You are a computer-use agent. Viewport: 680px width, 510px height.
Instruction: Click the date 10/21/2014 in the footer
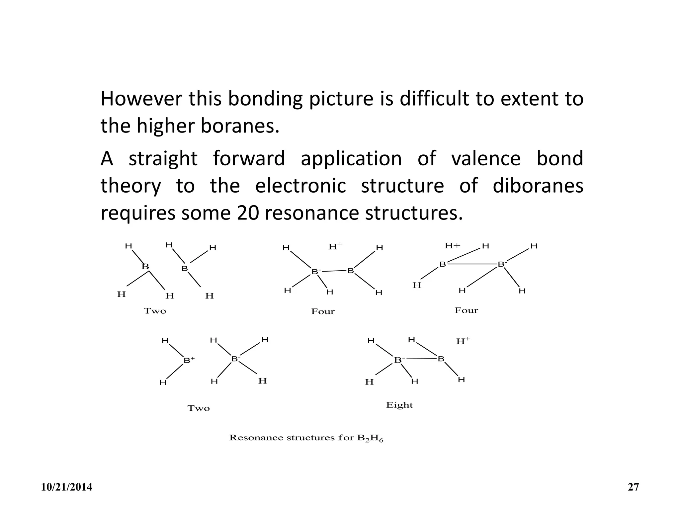pyautogui.click(x=67, y=487)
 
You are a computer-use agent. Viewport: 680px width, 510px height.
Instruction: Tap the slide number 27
pyautogui.click(x=633, y=487)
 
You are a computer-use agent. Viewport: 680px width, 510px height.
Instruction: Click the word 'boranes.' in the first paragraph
pyautogui.click(x=240, y=126)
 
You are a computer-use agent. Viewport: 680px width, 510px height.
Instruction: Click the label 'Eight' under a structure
pyautogui.click(x=399, y=405)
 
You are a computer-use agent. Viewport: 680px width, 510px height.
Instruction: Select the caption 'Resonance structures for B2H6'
pyautogui.click(x=306, y=438)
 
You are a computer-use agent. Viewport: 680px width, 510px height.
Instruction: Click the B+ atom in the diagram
pyautogui.click(x=189, y=360)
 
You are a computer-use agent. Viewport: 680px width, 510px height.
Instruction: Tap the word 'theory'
pyautogui.click(x=131, y=186)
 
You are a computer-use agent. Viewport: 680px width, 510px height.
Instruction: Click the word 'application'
pyautogui.click(x=351, y=159)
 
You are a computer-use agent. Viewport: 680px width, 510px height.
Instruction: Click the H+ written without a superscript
pyautogui.click(x=452, y=246)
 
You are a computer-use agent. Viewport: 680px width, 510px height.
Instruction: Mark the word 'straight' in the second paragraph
pyautogui.click(x=163, y=159)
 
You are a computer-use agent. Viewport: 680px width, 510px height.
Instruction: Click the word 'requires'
pyautogui.click(x=138, y=213)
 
